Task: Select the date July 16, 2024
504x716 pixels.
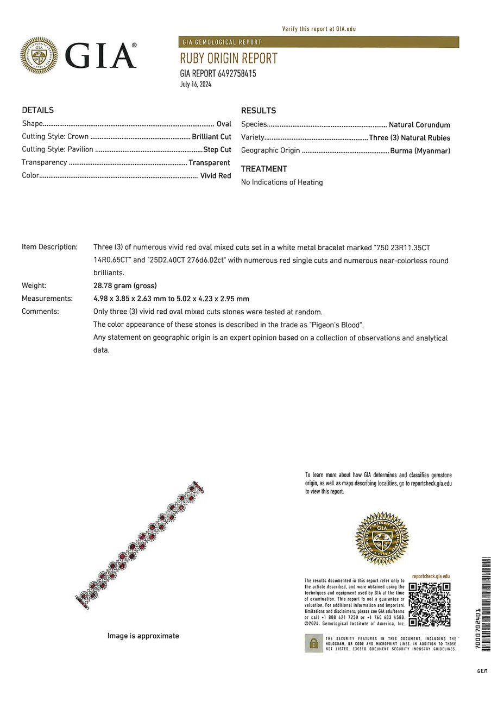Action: [196, 84]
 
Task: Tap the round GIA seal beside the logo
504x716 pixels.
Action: [39, 55]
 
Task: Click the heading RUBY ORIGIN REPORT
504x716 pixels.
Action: [228, 58]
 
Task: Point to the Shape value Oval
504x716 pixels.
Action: [224, 124]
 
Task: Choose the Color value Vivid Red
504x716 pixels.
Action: [216, 176]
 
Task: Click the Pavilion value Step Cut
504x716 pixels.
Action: [217, 150]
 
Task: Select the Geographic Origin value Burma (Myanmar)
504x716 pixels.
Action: [420, 151]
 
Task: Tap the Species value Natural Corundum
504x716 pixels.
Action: [419, 125]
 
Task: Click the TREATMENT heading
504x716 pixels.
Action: [264, 169]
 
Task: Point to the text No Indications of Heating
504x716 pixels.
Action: [282, 182]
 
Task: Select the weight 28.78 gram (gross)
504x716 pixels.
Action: [125, 286]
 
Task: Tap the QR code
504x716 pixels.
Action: [430, 604]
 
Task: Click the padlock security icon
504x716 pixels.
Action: [313, 644]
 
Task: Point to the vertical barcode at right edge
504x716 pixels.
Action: [486, 604]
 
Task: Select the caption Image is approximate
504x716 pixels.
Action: [143, 636]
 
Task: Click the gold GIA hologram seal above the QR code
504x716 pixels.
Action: [382, 537]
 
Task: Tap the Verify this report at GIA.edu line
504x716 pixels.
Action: [319, 29]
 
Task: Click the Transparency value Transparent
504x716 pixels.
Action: [209, 163]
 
